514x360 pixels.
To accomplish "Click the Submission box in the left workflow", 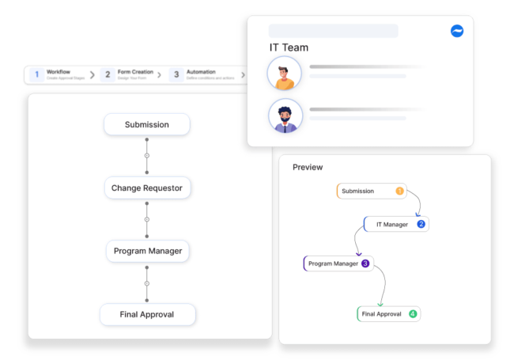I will (146, 124).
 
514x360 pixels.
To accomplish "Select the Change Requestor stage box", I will (147, 188).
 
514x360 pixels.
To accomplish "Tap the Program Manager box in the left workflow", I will (147, 251).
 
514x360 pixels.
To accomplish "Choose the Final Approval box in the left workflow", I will (147, 314).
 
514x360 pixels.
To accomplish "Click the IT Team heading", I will (289, 47).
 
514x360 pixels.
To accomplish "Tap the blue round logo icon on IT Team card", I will (457, 31).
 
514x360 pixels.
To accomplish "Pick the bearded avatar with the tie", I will (284, 116).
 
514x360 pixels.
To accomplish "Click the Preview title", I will (308, 167).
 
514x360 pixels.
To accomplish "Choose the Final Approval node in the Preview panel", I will (388, 314).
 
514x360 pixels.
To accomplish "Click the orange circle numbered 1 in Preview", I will (399, 191).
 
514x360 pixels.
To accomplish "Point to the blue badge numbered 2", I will (421, 224).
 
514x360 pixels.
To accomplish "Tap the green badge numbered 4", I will (413, 314).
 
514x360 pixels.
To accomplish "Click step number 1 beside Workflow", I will (36, 74).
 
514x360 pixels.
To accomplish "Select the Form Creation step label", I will (135, 72).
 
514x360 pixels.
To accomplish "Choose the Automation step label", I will (200, 72).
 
